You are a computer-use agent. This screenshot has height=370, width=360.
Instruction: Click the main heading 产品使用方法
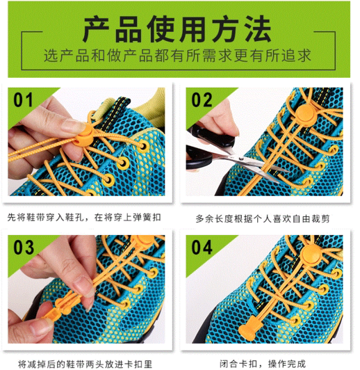(x=177, y=29)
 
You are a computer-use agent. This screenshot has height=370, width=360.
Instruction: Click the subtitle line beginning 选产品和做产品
(x=177, y=56)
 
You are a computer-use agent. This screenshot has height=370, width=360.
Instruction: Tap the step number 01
(x=23, y=100)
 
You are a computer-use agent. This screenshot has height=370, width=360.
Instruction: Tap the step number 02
(x=202, y=100)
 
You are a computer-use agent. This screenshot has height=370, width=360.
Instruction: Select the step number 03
(x=24, y=248)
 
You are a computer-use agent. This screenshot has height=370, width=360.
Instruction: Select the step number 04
(x=202, y=248)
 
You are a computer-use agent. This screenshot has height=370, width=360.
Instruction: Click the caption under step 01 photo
(x=84, y=217)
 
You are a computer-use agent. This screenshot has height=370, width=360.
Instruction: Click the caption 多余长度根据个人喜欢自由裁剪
(x=263, y=219)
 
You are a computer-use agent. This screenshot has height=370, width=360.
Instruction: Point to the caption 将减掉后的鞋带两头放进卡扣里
(x=85, y=364)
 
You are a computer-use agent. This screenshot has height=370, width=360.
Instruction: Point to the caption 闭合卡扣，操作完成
(x=263, y=364)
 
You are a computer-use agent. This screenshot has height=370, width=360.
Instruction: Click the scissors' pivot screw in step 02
(x=241, y=159)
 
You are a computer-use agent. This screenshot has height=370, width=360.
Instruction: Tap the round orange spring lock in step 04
(x=312, y=255)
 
